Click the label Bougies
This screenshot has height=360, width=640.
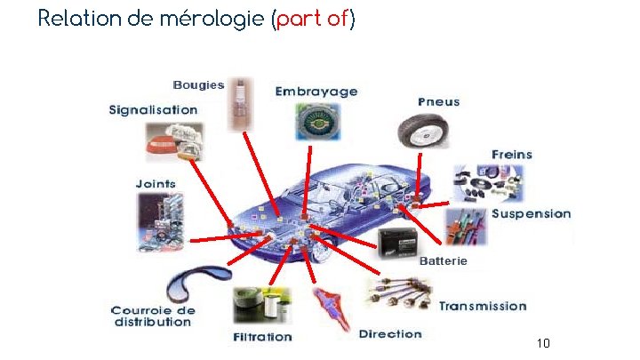pyautogui.click(x=198, y=85)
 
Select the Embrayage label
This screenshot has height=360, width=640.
pyautogui.click(x=316, y=92)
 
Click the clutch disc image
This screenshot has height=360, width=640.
pyautogui.click(x=316, y=122)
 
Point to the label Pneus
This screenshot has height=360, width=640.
pyautogui.click(x=439, y=102)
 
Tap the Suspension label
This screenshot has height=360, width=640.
pyautogui.click(x=532, y=214)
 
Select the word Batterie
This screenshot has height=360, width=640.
pyautogui.click(x=442, y=261)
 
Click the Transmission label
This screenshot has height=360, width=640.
pyautogui.click(x=483, y=307)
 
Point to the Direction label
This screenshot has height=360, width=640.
pyautogui.click(x=390, y=334)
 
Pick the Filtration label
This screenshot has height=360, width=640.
pyautogui.click(x=262, y=337)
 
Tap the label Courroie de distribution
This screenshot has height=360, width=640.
pyautogui.click(x=153, y=316)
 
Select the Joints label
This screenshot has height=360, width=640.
pyautogui.click(x=156, y=184)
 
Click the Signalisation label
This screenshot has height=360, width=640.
pyautogui.click(x=153, y=110)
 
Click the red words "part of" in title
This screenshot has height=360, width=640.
pyautogui.click(x=312, y=20)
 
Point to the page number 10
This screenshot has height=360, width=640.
pyautogui.click(x=544, y=343)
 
